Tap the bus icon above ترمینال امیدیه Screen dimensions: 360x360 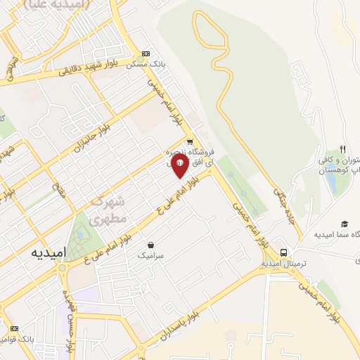pyautogui.click(x=283, y=252)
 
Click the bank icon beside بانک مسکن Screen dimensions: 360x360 pyautogui.click(x=146, y=53)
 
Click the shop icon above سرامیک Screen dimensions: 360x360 pyautogui.click(x=149, y=246)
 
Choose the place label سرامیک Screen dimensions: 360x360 pyautogui.click(x=149, y=257)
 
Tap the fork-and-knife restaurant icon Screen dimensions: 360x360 pyautogui.click(x=342, y=149)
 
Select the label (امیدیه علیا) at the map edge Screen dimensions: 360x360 pyautogui.click(x=56, y=4)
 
